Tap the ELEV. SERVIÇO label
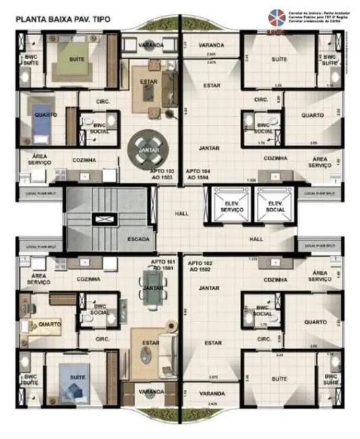[232, 207]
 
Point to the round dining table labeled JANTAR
[148, 149]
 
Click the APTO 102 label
[202, 265]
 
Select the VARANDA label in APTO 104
[211, 45]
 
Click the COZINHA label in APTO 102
[275, 279]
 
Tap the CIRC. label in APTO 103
[103, 101]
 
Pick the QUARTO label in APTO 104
[313, 115]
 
